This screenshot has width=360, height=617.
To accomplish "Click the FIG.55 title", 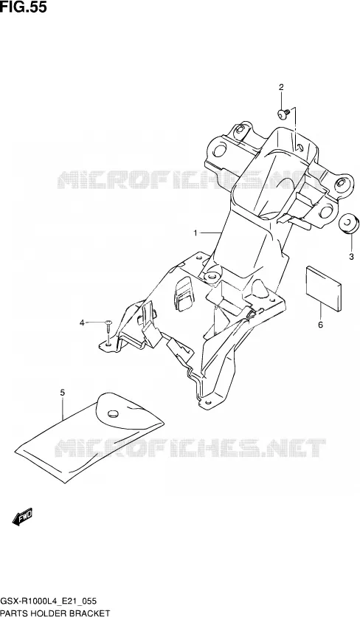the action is [x=24, y=7].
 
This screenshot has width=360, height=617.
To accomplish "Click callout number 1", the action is [x=195, y=233].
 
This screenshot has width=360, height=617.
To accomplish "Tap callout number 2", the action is [x=281, y=87].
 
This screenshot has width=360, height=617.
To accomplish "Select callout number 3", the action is [x=351, y=257].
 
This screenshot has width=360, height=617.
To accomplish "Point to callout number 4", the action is [x=82, y=323].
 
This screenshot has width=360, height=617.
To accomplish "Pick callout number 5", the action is [x=62, y=393].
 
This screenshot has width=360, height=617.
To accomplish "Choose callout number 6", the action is [x=320, y=325].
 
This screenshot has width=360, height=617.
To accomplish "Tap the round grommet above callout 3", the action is [x=349, y=224].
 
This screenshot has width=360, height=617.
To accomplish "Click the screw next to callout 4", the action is [x=108, y=328].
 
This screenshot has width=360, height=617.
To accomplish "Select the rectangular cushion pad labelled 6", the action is [x=322, y=289].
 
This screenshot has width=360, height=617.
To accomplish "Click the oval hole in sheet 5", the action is [x=113, y=413].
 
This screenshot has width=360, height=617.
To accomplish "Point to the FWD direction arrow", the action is [x=22, y=517].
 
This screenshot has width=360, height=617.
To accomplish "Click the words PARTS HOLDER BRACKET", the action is [x=55, y=613].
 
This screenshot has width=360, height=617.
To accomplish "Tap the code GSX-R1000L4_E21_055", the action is [x=49, y=602].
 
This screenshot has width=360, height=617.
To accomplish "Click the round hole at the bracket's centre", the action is [x=212, y=276].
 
